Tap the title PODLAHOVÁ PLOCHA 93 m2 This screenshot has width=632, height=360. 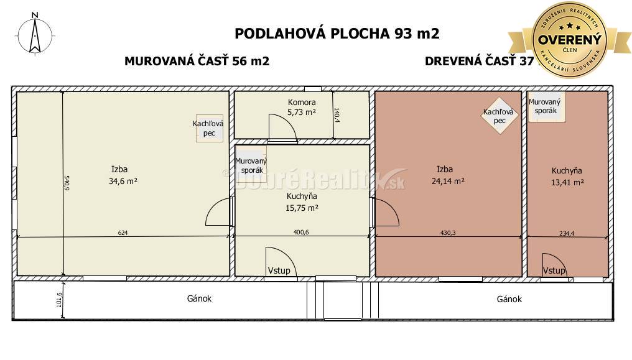(x=337, y=33)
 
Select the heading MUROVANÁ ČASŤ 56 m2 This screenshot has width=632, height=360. (x=197, y=61)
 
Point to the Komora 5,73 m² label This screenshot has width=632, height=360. (x=302, y=107)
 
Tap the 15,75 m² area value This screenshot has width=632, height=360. (x=302, y=208)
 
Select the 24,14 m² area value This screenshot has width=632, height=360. (x=448, y=182)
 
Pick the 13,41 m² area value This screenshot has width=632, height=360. (x=567, y=182)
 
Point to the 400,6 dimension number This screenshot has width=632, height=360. (x=302, y=233)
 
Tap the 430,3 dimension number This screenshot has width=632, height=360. (x=447, y=233)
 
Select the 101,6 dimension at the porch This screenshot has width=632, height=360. (x=60, y=300)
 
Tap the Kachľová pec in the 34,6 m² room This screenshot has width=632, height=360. (x=208, y=128)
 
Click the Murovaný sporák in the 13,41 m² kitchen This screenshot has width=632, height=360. (x=546, y=106)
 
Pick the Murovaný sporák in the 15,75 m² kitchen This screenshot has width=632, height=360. (x=251, y=165)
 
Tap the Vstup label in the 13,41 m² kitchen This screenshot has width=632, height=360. (x=554, y=270)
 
